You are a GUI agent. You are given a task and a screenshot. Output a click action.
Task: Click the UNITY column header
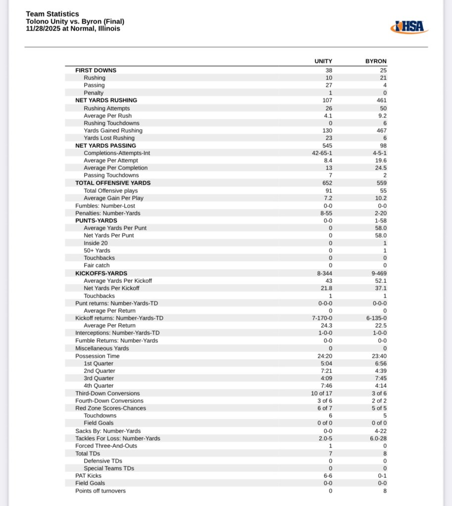point(323,61)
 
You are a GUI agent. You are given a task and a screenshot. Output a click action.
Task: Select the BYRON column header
point(376,61)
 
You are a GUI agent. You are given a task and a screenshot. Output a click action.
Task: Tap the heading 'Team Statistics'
point(52,14)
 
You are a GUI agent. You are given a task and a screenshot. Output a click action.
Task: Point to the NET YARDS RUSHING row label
point(106,100)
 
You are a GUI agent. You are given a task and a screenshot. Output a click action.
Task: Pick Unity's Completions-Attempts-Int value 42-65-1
point(322,153)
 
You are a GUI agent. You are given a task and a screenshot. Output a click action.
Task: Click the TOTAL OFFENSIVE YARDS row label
point(113,183)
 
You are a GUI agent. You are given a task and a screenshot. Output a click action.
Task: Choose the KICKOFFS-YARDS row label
point(101,273)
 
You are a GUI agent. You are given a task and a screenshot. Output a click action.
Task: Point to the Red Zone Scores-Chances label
point(110,408)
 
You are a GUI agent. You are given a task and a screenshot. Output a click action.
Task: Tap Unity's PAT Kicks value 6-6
point(328,476)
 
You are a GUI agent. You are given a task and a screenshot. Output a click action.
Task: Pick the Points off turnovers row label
point(100,491)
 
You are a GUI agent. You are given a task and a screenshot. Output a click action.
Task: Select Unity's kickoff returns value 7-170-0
point(322,318)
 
